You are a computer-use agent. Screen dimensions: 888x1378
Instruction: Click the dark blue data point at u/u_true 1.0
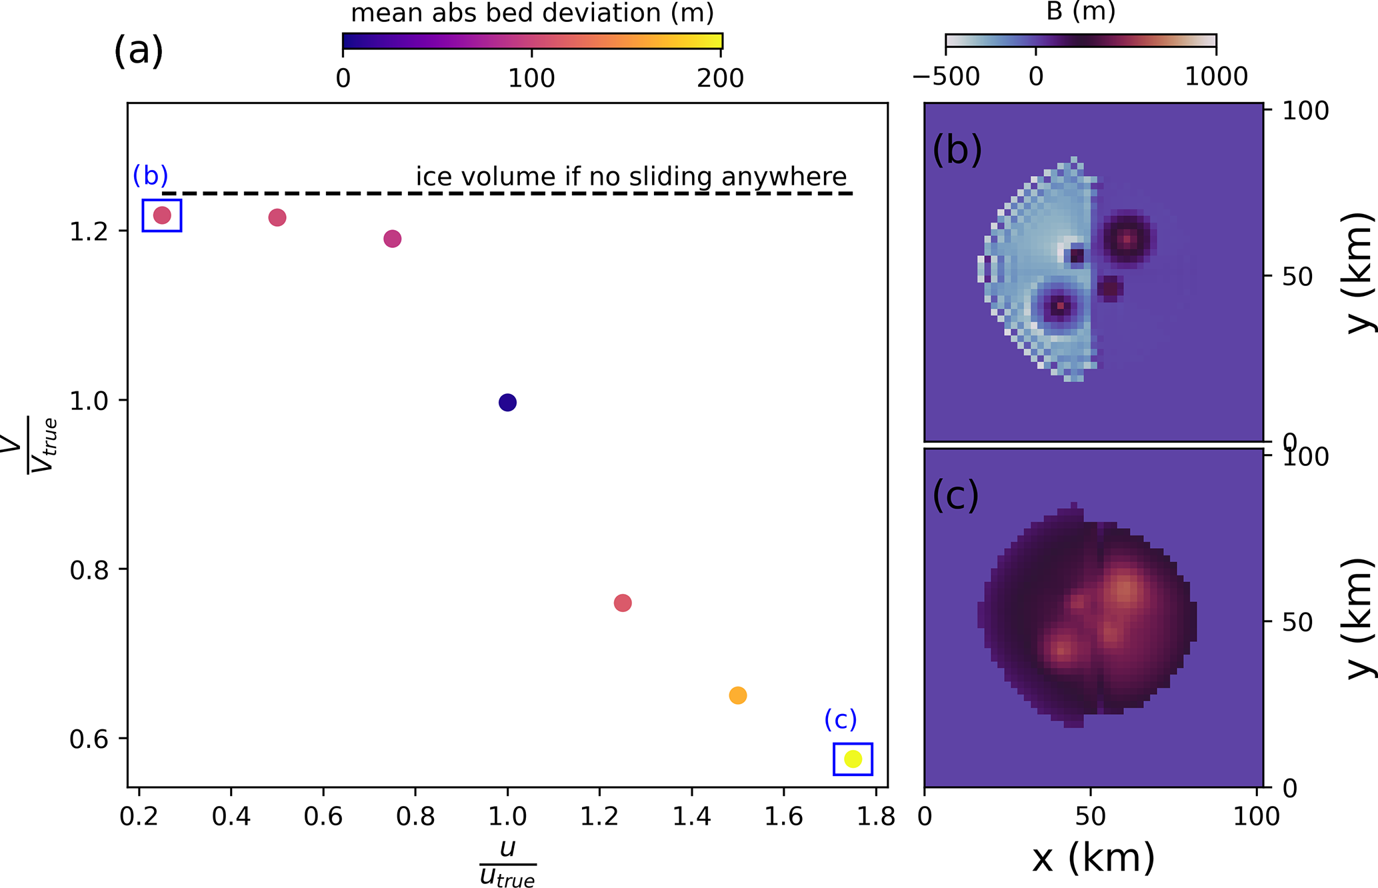(507, 402)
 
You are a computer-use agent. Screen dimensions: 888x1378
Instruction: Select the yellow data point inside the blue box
(853, 759)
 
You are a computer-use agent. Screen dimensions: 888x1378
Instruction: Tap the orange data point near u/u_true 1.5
(737, 695)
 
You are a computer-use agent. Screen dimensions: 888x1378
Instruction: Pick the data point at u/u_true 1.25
(623, 603)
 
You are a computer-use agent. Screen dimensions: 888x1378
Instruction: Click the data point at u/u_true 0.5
(277, 217)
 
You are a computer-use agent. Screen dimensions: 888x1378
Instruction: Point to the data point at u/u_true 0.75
(392, 239)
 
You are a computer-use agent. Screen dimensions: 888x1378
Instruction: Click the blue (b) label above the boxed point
(150, 175)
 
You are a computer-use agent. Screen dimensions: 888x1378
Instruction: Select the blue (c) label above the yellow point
(840, 719)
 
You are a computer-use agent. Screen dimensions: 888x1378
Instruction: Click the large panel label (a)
(138, 51)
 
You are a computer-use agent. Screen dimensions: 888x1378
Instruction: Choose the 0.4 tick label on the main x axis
(231, 816)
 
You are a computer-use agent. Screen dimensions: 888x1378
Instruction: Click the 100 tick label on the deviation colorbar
(531, 79)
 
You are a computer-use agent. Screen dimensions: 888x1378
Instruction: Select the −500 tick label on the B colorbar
(946, 77)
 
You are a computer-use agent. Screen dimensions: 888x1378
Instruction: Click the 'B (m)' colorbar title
(1080, 11)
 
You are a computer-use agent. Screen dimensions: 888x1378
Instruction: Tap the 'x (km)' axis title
(1093, 857)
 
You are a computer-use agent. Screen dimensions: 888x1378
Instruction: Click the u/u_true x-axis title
(507, 863)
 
